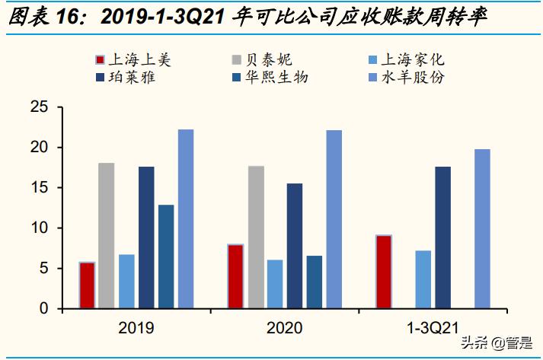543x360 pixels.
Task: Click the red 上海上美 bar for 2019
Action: click(88, 285)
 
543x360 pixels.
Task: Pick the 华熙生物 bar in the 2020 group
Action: click(314, 282)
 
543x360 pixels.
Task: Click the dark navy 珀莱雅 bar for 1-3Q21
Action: click(442, 237)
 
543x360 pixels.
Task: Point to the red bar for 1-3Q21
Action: click(384, 272)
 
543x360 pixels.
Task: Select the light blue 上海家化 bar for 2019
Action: click(126, 281)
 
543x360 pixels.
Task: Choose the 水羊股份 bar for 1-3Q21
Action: click(482, 228)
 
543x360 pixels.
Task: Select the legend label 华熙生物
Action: click(277, 78)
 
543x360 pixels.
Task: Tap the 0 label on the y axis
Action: click(44, 308)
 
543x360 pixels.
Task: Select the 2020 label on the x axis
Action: click(284, 328)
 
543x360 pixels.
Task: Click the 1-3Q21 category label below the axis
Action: click(433, 328)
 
